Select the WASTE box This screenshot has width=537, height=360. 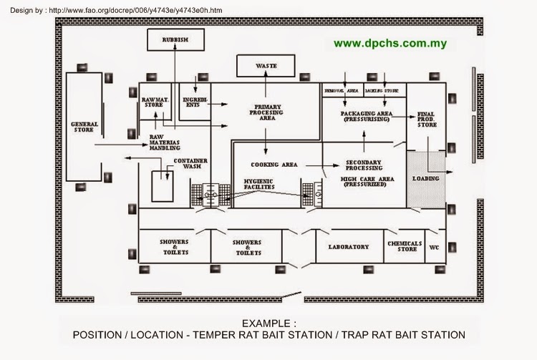pos(266,66)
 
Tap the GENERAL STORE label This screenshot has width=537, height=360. pos(84,127)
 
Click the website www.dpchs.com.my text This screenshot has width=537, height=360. pos(390,43)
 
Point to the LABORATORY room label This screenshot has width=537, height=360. pos(348,247)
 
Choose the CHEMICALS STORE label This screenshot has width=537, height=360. pos(405,246)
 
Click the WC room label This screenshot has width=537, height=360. pos(434,248)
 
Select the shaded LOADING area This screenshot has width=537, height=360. pos(426,178)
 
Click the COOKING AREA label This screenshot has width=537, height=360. pos(274,165)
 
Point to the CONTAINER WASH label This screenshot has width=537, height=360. pos(190,164)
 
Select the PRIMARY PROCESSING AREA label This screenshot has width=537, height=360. pos(266,112)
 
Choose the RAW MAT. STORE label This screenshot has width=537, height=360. pos(155,102)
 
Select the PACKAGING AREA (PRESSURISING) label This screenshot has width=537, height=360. pos(364,117)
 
